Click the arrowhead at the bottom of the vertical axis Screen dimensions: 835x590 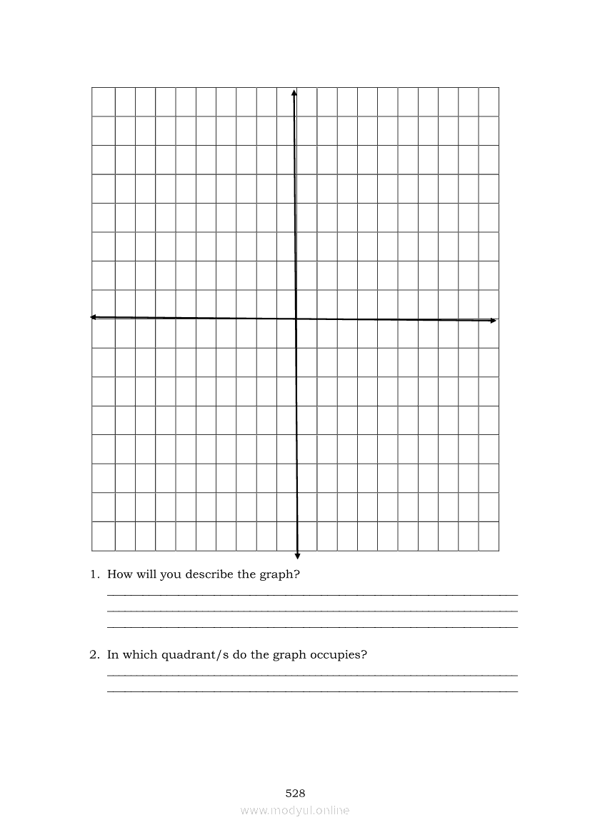297,556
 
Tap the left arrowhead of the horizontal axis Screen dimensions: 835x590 94,317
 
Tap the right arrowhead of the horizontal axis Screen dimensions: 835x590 493,321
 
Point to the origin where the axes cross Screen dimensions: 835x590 295,319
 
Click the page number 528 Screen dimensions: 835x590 295,793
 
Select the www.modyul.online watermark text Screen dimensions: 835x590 295,810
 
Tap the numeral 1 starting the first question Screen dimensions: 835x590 93,574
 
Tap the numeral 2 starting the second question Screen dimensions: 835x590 93,654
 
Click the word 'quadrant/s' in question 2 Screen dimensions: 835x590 189,654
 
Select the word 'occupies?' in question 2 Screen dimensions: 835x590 339,655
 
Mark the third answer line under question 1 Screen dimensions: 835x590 312,627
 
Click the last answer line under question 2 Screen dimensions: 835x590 312,691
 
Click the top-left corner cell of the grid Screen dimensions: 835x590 103,101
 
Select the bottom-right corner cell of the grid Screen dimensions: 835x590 489,536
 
